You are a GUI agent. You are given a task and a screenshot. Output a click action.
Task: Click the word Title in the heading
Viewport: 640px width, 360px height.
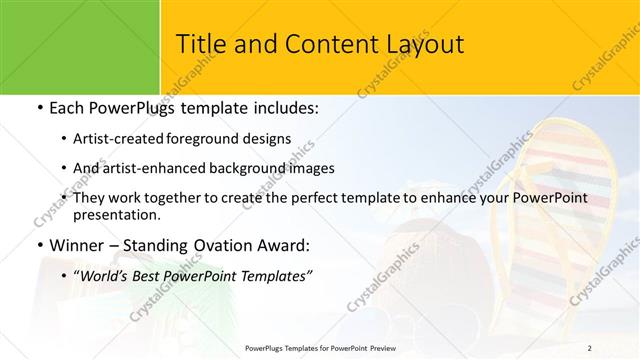199,44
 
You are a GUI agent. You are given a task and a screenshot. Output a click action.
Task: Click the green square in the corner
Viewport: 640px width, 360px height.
80,46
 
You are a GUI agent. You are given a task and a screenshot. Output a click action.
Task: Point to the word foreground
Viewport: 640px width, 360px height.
224,138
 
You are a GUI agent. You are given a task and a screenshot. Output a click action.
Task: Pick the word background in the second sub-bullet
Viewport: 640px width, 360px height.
250,168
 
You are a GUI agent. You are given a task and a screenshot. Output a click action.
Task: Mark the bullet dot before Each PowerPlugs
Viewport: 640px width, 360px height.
39,108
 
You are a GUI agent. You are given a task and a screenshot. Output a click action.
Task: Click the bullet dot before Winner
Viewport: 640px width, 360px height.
39,245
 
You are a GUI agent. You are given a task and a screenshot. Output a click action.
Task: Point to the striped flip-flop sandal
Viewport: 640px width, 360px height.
560,210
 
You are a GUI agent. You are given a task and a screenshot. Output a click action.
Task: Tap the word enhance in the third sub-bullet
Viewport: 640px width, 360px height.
456,198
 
